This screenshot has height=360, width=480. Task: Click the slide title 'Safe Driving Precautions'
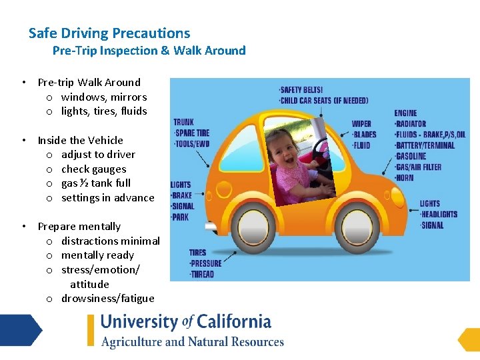coord(109,33)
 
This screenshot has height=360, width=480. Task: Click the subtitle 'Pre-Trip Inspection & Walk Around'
coord(149,51)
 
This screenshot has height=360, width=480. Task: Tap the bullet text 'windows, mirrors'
coord(104,97)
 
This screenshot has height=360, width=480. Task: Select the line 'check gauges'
coord(93,169)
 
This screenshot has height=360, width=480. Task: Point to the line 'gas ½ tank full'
coord(96,183)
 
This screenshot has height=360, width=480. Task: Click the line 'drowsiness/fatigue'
coord(107,298)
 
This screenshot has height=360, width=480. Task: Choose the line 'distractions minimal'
coord(110,241)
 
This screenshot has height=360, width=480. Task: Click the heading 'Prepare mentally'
coord(79,227)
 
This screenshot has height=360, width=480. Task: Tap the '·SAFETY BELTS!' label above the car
coord(301,90)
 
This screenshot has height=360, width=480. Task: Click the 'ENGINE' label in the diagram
coord(405,113)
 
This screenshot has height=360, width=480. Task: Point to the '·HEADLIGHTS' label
coord(439,214)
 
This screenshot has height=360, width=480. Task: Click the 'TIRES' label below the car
coord(198,253)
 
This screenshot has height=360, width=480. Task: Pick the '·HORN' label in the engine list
coord(404,177)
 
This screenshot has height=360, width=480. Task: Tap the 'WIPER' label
coord(361,124)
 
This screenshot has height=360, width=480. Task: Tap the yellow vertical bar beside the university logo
coord(91,331)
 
